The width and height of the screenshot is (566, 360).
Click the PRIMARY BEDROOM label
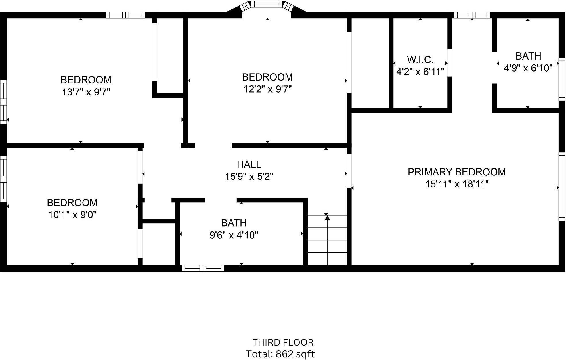point(457,172)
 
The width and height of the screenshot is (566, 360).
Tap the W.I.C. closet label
point(420,60)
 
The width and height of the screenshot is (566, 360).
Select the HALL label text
point(249,164)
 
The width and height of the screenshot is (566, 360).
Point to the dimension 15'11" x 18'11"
point(457,184)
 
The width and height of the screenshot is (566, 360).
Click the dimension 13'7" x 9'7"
point(86,92)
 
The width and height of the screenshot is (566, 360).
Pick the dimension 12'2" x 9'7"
point(268,89)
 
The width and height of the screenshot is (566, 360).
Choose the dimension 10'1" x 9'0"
point(72,215)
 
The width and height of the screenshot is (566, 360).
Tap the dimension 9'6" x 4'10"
point(234,235)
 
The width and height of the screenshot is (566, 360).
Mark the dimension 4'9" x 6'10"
point(528,68)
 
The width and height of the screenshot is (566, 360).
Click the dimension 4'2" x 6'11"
point(420,72)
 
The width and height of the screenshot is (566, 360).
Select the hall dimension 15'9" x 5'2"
point(249,176)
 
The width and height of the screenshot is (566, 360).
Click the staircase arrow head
point(327,218)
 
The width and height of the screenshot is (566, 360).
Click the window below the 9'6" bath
point(203,269)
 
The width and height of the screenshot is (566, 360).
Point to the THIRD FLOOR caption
point(283,342)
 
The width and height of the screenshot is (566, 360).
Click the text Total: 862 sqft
point(280,354)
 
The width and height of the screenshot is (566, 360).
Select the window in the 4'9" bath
point(562,79)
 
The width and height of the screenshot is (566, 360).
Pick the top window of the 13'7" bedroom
point(125,15)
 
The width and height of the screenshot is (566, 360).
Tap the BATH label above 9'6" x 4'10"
point(234,223)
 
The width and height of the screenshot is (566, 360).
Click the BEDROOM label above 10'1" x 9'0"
point(72,203)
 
